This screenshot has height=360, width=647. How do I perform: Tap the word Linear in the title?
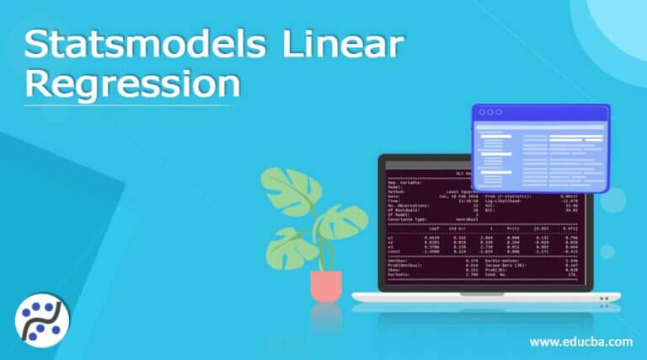click(337, 46)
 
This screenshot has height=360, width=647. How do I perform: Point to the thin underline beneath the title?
click(126, 106)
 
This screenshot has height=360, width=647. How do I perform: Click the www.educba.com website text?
click(580, 341)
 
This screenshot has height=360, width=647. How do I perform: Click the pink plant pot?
click(325, 286)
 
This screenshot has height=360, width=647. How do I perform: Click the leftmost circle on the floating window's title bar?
click(481, 112)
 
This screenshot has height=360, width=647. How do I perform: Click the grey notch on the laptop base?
click(486, 296)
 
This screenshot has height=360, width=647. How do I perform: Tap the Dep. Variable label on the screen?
click(404, 182)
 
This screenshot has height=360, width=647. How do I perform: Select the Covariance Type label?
click(408, 218)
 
